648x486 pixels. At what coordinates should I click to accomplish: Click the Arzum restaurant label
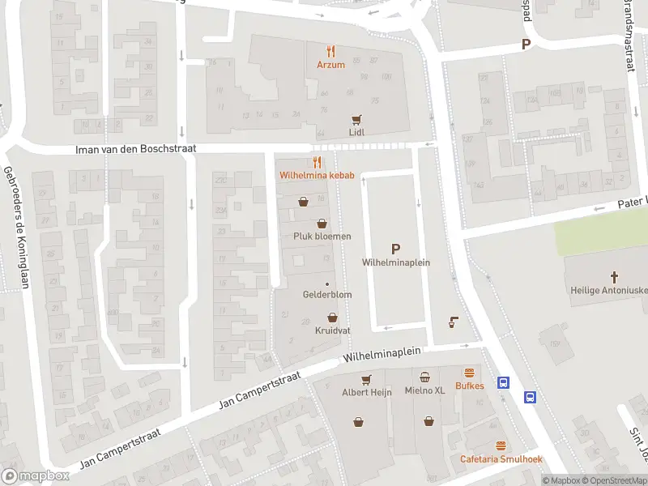click(x=330, y=65)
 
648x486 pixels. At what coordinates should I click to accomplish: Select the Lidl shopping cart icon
click(x=356, y=119)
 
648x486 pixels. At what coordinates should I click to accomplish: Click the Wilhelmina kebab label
click(x=312, y=175)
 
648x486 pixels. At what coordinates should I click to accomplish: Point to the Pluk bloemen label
click(x=322, y=236)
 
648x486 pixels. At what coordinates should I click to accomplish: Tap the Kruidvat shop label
click(x=331, y=330)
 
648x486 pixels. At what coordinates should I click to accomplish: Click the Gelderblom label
click(x=327, y=295)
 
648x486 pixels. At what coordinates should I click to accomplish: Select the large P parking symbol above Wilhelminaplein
click(x=395, y=249)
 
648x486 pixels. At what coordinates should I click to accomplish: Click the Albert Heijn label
click(x=366, y=392)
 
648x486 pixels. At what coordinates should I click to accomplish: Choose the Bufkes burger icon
click(x=469, y=373)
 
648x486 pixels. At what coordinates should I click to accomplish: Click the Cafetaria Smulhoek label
click(x=501, y=459)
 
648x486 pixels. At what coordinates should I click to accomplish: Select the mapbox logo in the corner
click(x=36, y=475)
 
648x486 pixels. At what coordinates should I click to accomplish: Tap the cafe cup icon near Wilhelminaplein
click(x=453, y=322)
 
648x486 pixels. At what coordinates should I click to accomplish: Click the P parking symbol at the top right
click(x=526, y=45)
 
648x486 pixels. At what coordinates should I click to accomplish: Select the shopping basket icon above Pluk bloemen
click(x=322, y=223)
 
